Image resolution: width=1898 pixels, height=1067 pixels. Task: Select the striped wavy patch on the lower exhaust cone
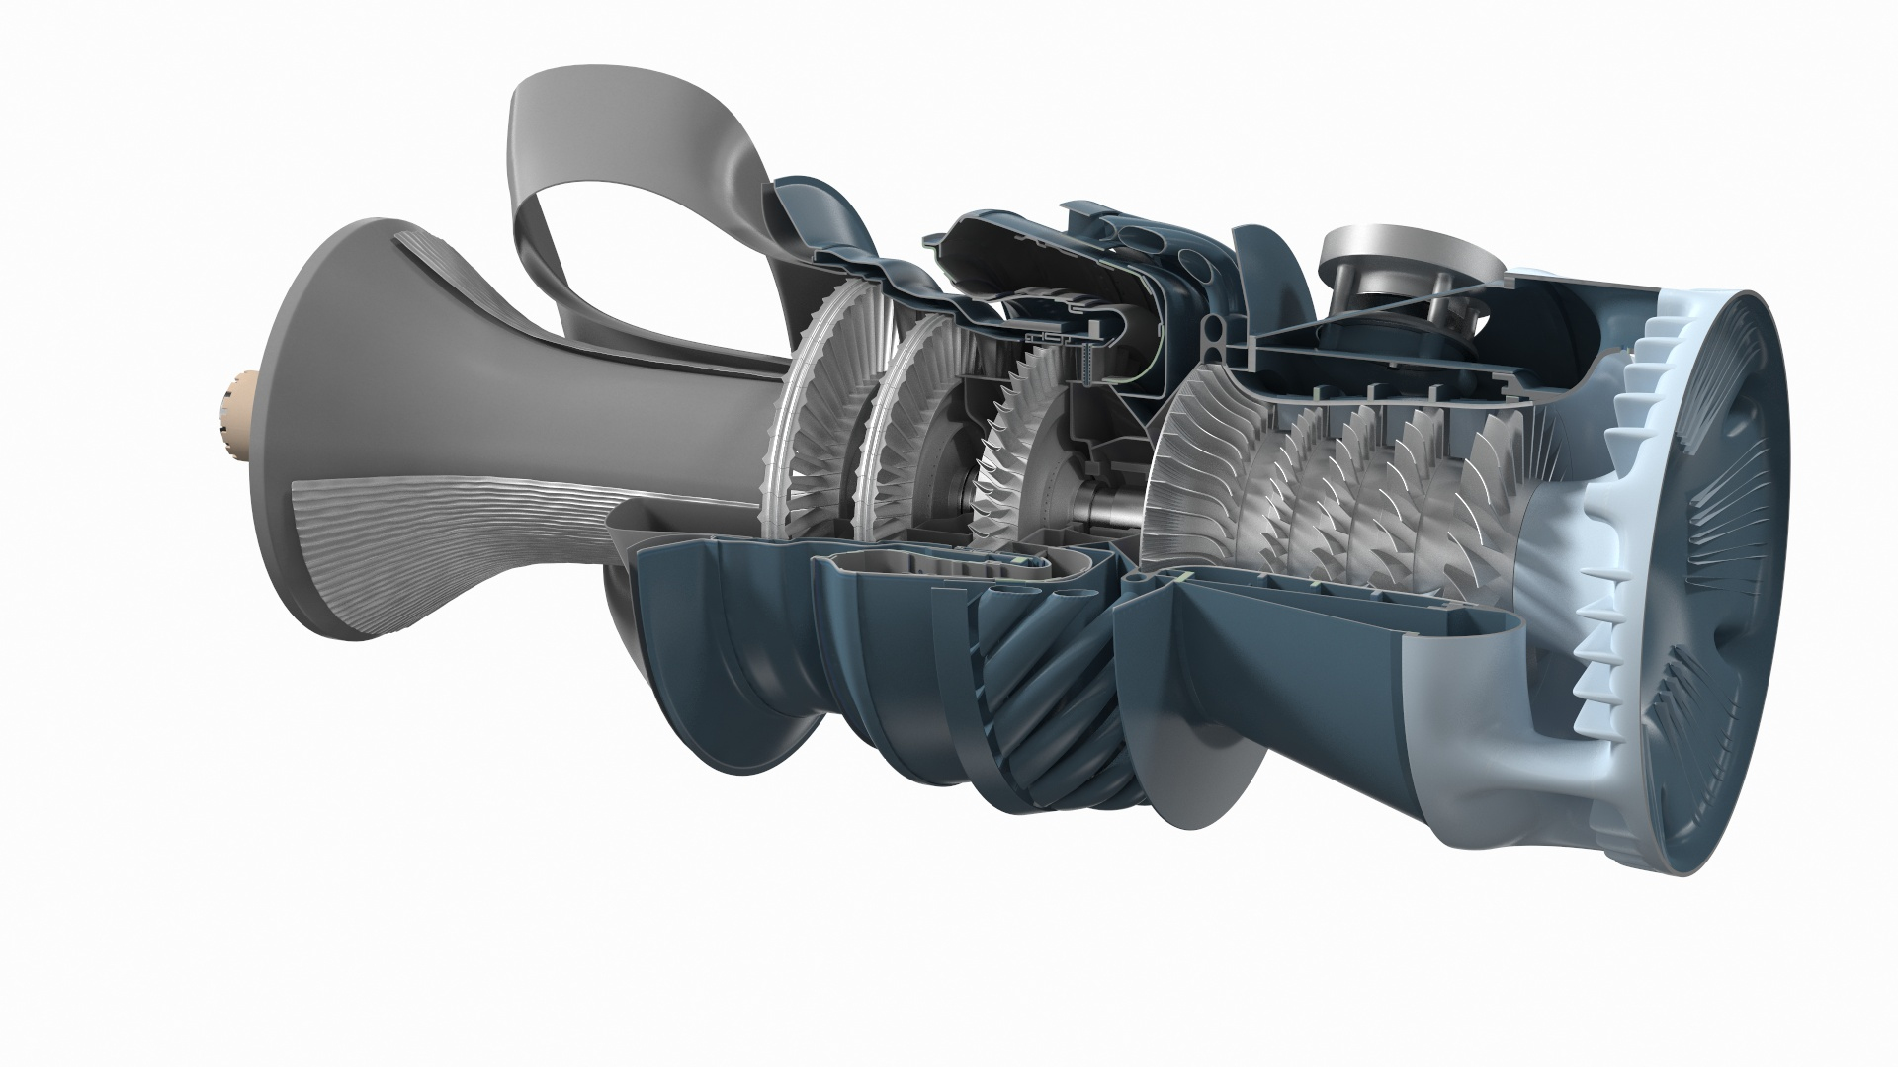415,533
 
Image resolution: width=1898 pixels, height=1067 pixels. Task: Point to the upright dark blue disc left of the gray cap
1280,287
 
